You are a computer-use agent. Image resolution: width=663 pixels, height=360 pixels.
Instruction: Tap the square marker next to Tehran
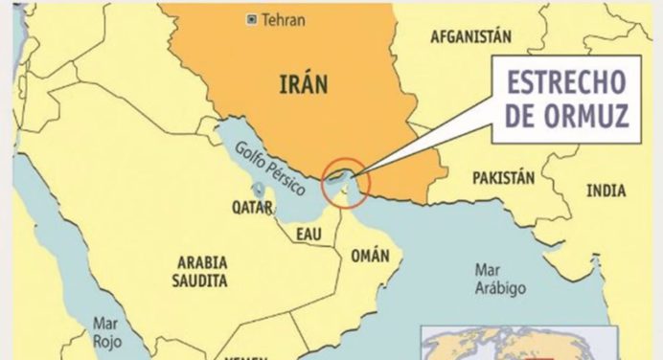point(252,19)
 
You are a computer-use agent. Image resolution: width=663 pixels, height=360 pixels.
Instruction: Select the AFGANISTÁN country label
point(470,36)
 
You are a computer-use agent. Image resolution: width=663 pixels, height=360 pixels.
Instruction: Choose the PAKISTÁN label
point(503,178)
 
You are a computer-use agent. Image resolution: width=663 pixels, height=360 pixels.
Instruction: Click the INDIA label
point(606,190)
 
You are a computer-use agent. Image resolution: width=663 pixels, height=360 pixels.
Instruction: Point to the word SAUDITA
point(201,281)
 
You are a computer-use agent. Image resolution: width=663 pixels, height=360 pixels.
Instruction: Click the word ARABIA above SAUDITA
point(201,262)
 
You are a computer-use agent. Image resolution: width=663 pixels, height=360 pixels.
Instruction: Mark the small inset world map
point(541,343)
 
